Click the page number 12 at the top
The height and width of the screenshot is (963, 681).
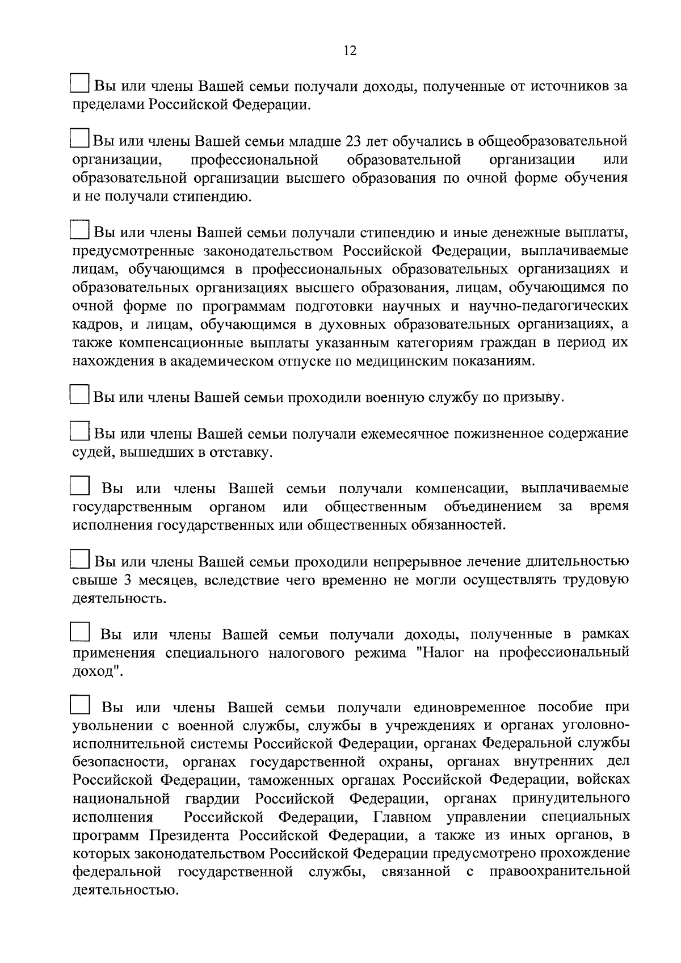pos(350,51)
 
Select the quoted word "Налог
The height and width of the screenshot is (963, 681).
pos(439,653)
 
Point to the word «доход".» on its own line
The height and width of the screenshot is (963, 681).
pos(98,671)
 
